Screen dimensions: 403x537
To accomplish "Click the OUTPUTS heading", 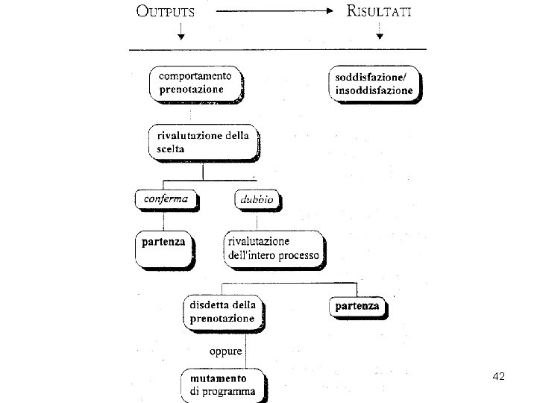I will coord(165,11).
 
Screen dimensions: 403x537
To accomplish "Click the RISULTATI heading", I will coord(378,11).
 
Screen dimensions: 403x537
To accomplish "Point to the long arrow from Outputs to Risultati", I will coord(273,11).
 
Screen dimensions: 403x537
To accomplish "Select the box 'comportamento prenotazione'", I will coord(196,84).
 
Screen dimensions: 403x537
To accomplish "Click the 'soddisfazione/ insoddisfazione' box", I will coord(374,84).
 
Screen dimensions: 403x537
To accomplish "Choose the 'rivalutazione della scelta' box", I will coord(204,142).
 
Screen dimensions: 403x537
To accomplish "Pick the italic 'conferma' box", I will coord(167,200).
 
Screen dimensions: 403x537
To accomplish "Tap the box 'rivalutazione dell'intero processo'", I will coord(274,249).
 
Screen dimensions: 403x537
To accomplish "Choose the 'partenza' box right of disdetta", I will coord(357,307).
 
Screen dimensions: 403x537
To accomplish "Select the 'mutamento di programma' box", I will coord(222,384).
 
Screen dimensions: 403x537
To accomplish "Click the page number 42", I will coord(499,377).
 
